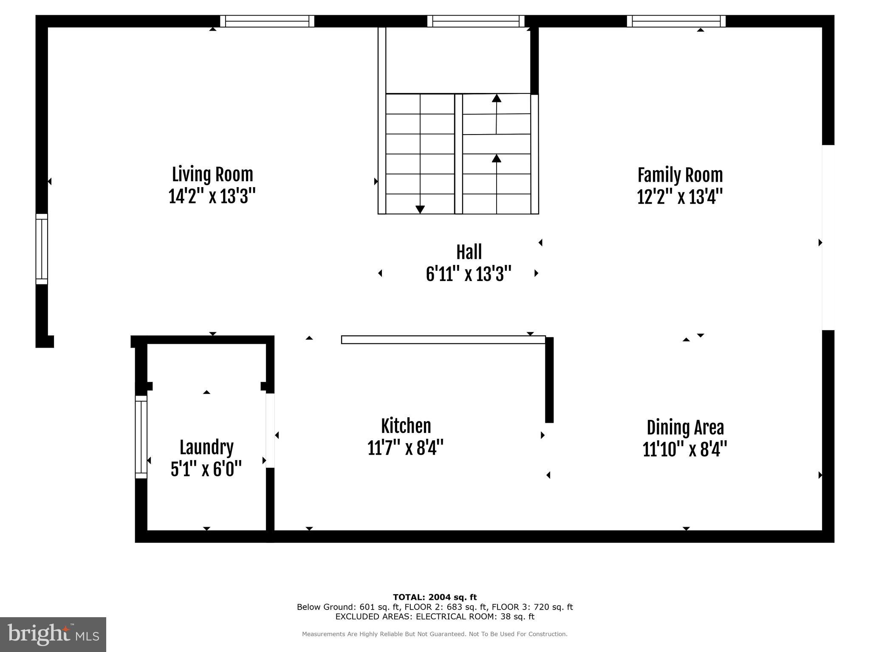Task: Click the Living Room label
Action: tap(212, 174)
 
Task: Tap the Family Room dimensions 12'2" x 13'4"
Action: tap(680, 197)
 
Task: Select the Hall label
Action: tap(469, 252)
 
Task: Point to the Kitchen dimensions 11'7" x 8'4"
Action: tap(405, 448)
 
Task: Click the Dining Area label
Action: tap(685, 428)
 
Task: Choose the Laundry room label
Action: tap(206, 447)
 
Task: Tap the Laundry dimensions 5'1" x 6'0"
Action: tap(206, 469)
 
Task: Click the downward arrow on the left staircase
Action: tap(420, 209)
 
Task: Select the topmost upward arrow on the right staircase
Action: tap(497, 98)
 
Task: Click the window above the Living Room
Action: tap(267, 21)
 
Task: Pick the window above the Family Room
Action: tap(676, 21)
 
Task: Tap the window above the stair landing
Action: tap(476, 21)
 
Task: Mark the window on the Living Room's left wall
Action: tap(42, 249)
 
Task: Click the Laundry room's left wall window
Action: tap(141, 437)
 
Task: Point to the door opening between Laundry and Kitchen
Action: tap(270, 430)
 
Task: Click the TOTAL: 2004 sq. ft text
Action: tap(435, 597)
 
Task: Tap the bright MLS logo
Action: tap(53, 634)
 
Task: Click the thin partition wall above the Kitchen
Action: tap(443, 340)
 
